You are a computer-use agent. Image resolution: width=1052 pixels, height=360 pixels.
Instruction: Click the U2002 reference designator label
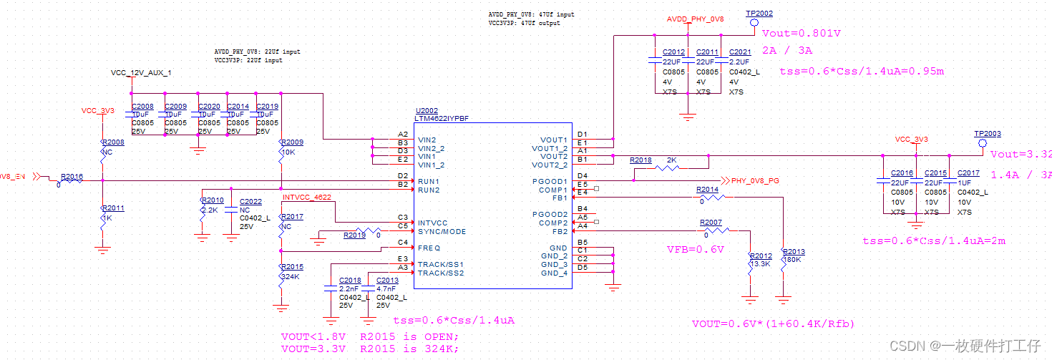(427, 111)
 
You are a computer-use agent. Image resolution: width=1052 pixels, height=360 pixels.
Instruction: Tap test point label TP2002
(759, 14)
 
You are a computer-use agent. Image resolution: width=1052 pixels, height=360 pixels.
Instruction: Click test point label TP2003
(987, 134)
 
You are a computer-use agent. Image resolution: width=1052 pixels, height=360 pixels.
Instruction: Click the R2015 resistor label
(293, 267)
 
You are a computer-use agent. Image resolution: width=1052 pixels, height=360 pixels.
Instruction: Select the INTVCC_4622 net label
(306, 197)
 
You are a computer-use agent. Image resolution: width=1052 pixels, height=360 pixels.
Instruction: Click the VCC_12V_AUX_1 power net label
(141, 73)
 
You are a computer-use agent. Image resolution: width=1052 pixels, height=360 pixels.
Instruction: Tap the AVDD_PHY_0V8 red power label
(695, 19)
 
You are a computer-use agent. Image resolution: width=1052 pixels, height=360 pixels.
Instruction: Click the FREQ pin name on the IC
(429, 248)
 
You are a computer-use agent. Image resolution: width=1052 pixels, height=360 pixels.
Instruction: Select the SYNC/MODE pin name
(442, 231)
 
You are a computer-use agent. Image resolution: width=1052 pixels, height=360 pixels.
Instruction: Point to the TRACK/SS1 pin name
(440, 264)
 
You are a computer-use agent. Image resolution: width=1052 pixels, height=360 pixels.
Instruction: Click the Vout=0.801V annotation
(801, 33)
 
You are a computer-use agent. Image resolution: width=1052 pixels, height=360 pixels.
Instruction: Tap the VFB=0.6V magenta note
(696, 249)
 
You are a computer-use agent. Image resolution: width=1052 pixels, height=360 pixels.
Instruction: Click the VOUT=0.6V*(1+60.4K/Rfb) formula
(773, 323)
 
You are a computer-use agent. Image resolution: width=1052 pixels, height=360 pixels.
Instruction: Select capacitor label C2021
(740, 52)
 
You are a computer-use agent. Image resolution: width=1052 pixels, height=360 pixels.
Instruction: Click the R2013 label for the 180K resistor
(794, 252)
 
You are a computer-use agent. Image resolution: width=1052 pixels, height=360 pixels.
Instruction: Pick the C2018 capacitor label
(350, 281)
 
